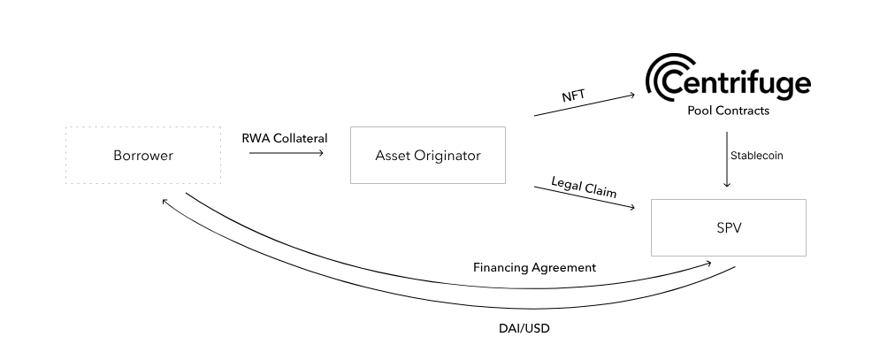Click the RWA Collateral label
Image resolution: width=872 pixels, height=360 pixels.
(x=285, y=138)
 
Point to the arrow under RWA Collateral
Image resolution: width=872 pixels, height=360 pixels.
(x=287, y=152)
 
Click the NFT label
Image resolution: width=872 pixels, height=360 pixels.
(x=573, y=96)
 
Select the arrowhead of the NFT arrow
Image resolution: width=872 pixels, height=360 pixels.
(x=632, y=96)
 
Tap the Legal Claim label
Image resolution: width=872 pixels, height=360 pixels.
(x=584, y=187)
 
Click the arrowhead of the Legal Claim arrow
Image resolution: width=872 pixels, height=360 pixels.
(x=632, y=208)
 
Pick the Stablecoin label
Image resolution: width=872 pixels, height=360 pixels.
(x=756, y=156)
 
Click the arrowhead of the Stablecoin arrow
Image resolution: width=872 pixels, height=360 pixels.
(x=726, y=184)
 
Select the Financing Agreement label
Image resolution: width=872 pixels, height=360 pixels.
(x=534, y=268)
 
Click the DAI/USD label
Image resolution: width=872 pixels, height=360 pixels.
(x=524, y=328)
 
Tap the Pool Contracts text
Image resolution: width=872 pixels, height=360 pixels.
(x=728, y=111)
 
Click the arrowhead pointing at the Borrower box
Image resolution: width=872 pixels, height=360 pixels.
(x=164, y=202)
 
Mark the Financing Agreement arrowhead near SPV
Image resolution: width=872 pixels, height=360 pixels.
(x=708, y=263)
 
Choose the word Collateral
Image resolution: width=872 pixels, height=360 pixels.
(x=301, y=138)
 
